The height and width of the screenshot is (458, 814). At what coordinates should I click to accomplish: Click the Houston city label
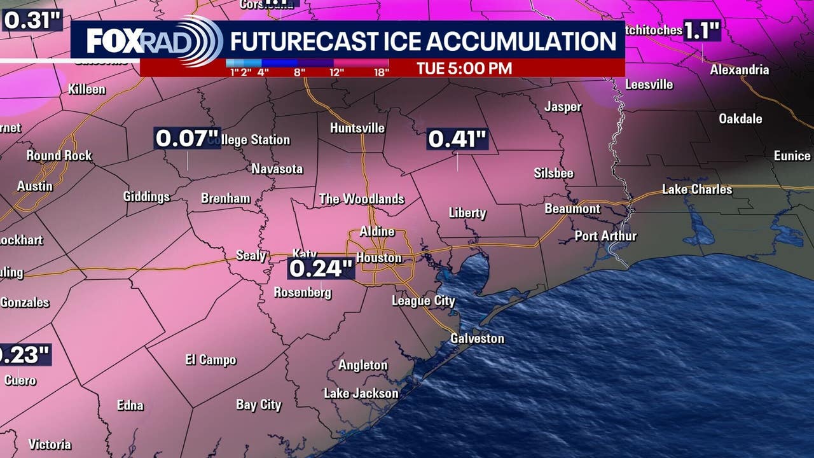(x=378, y=258)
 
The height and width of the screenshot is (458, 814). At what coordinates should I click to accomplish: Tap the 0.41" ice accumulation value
(x=457, y=139)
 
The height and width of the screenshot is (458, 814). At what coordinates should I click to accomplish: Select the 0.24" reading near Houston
(x=321, y=268)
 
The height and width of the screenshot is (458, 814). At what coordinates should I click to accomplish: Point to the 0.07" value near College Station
(x=183, y=138)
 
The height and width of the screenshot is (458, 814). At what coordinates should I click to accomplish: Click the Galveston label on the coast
(x=477, y=338)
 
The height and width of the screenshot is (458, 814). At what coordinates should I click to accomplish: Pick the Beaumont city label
(x=572, y=209)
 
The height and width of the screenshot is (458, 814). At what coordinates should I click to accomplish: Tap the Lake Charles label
(x=697, y=190)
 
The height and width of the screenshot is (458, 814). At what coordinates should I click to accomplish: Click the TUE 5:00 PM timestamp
(x=464, y=68)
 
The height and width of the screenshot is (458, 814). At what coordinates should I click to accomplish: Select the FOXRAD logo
(x=153, y=41)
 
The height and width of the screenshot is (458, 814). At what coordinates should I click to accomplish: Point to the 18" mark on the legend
(x=381, y=72)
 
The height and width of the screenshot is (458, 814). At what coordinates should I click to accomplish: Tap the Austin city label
(x=34, y=186)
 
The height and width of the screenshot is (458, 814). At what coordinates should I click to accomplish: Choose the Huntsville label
(x=357, y=128)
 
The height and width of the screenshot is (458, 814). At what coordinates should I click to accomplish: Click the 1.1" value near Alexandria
(x=701, y=31)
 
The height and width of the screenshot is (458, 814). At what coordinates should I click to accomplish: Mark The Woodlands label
(x=361, y=199)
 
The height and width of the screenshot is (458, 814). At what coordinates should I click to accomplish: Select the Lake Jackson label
(x=361, y=393)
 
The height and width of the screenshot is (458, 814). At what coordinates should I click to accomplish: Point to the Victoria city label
(x=50, y=444)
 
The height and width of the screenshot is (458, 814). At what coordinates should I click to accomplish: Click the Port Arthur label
(x=605, y=236)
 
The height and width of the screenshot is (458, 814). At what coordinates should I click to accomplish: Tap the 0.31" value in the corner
(x=32, y=20)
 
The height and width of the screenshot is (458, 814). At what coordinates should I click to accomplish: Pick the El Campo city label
(x=210, y=360)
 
